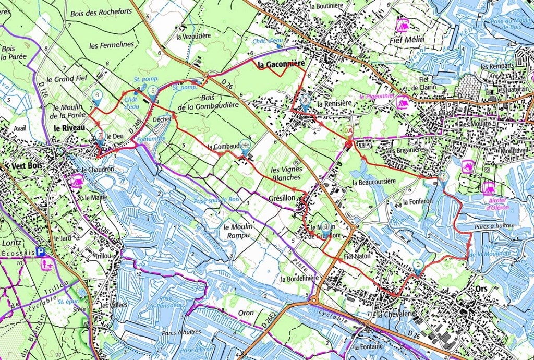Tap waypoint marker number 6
[96, 95]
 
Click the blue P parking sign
[41, 251]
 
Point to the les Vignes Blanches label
[286, 174]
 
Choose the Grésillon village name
[282, 199]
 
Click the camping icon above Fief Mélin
[402, 25]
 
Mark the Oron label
[246, 313]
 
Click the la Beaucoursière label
[374, 182]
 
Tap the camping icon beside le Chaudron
[77, 181]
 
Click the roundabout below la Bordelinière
[314, 300]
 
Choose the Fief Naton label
[357, 257]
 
